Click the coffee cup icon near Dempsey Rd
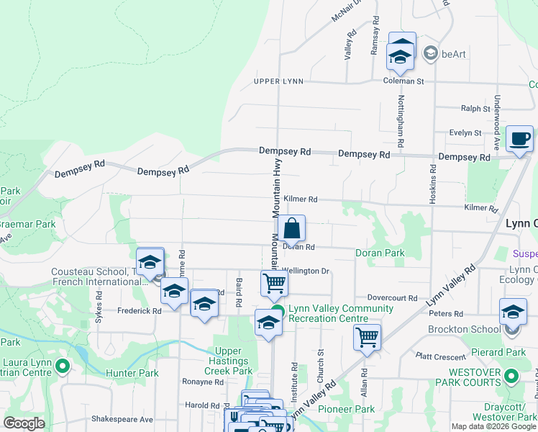tap(519, 139)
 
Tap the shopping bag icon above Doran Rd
tap(292, 229)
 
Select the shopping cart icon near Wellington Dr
tap(274, 283)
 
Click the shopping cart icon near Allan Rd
tap(367, 336)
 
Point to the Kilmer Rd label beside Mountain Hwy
tap(300, 199)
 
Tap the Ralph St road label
tap(475, 109)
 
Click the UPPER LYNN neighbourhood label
tap(278, 81)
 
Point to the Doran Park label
tap(380, 253)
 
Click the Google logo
tap(24, 423)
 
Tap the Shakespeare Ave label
tap(122, 419)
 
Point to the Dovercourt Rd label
tap(392, 297)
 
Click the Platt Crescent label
tap(442, 356)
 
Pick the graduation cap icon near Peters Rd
tap(512, 312)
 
